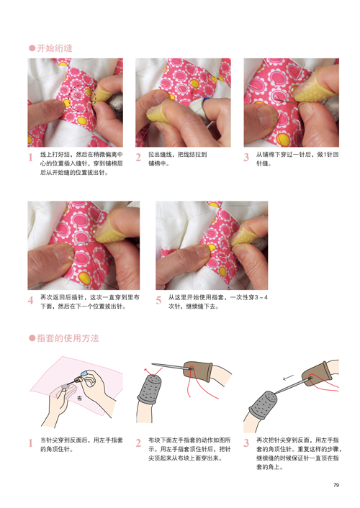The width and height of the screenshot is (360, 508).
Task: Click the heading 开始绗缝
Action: pyautogui.click(x=55, y=48)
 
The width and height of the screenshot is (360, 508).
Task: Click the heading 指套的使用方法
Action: pyautogui.click(x=68, y=338)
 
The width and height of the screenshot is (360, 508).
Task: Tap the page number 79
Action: pyautogui.click(x=336, y=485)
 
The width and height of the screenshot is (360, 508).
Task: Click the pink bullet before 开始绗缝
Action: pyautogui.click(x=32, y=48)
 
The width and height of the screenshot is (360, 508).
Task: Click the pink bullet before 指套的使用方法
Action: pyautogui.click(x=32, y=338)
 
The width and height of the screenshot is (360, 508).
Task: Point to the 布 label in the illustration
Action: pyautogui.click(x=79, y=398)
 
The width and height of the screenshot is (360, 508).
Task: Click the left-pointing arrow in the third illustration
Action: pyautogui.click(x=288, y=378)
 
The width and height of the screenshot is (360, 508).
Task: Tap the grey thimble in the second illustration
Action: pyautogui.click(x=150, y=389)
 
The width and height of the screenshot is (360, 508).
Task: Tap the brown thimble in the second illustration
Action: pyautogui.click(x=197, y=371)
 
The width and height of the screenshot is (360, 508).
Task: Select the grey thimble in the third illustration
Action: pyautogui.click(x=264, y=405)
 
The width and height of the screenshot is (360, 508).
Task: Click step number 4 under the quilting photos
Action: pyautogui.click(x=31, y=300)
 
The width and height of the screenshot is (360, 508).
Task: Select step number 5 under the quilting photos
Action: pyautogui.click(x=158, y=300)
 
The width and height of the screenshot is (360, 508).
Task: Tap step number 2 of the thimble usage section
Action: pyautogui.click(x=138, y=443)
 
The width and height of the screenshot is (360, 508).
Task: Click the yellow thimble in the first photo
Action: pyautogui.click(x=103, y=94)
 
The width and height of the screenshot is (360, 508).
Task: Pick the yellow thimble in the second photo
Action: pyautogui.click(x=158, y=111)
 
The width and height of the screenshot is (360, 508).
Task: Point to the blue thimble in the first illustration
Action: pyautogui.click(x=85, y=374)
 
